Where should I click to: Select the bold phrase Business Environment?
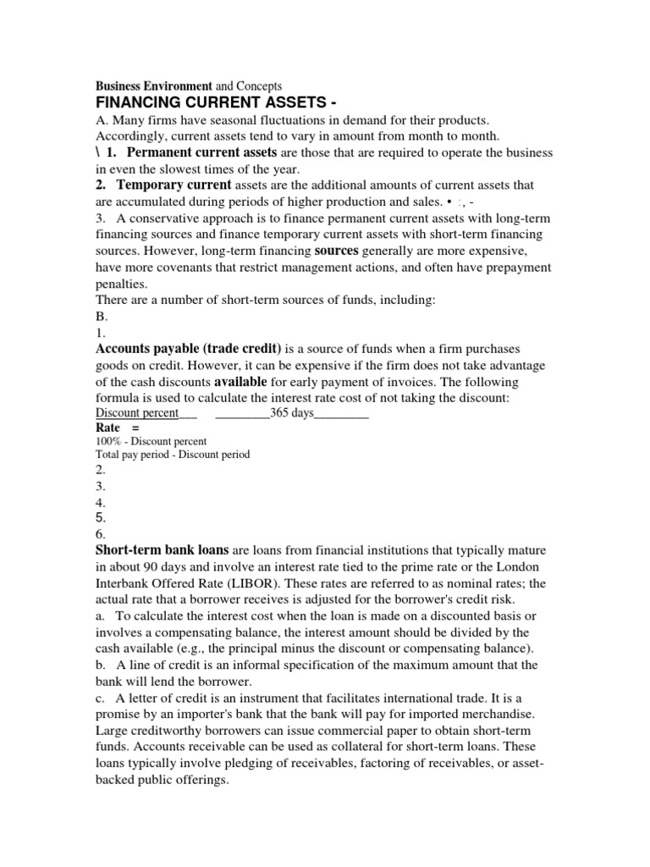coord(153,86)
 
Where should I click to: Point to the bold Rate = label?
coord(118,428)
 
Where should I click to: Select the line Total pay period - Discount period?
coord(173,454)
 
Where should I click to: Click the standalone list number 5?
coord(100,517)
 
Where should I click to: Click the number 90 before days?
coord(154,566)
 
